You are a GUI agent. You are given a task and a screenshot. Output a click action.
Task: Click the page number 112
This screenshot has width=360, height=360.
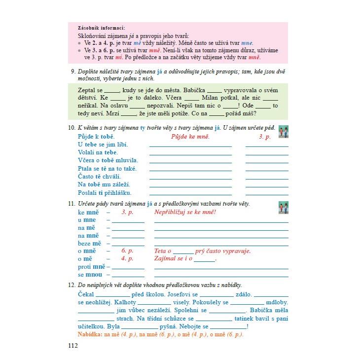click(x=73, y=345)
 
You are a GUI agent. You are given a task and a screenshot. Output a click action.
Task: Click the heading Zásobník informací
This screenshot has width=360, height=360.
click(x=102, y=28)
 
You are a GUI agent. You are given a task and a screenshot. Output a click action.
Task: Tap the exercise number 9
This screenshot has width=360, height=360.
click(x=73, y=71)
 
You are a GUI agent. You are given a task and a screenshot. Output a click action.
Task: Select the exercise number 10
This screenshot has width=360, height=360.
click(x=72, y=128)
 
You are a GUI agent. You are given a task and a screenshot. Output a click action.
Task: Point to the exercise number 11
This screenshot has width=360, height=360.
click(x=72, y=204)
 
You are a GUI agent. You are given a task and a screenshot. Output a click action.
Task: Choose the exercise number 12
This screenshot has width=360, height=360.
click(x=72, y=285)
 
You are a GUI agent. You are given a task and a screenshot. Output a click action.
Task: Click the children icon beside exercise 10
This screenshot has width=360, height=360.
click(x=284, y=132)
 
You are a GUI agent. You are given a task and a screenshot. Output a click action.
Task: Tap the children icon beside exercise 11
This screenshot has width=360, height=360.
click(x=284, y=208)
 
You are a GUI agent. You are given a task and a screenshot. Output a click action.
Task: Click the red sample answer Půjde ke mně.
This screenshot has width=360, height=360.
click(x=190, y=137)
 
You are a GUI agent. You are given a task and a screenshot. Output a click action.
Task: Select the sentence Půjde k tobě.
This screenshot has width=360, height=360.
click(x=96, y=137)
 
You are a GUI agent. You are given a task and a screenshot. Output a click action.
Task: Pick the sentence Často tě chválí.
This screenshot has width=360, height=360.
click(x=99, y=177)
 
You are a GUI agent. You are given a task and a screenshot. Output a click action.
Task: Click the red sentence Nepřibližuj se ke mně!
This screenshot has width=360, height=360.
click(x=185, y=212)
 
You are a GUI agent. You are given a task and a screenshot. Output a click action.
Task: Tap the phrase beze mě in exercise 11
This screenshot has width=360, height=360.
click(x=89, y=243)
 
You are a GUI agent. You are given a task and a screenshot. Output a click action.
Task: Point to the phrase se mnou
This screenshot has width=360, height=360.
click(x=90, y=275)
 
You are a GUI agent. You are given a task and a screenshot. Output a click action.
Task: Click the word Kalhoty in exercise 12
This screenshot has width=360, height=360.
click(x=126, y=302)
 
